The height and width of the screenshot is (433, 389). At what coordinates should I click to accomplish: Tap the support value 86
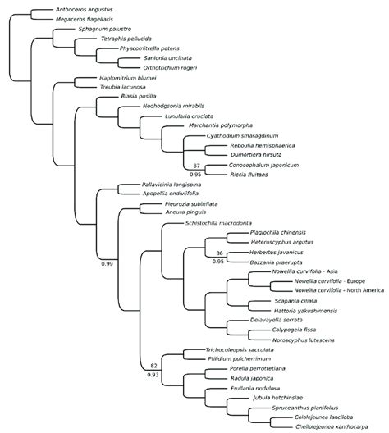219,253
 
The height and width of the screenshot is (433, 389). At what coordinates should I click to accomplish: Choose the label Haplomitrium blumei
108,79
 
